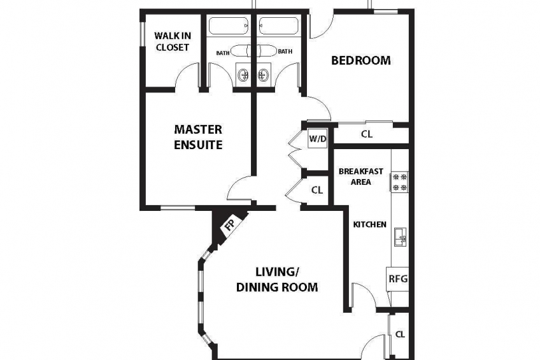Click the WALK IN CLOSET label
(x=172, y=41)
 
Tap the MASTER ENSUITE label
(x=198, y=137)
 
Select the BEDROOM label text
(x=361, y=61)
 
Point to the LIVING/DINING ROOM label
(x=277, y=279)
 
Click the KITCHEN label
(x=370, y=225)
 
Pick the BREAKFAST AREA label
(x=361, y=176)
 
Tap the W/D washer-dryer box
(x=318, y=139)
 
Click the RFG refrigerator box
(x=398, y=278)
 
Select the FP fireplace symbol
(x=229, y=225)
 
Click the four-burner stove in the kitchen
(x=399, y=182)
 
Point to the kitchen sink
(x=400, y=237)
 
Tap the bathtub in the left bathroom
(x=229, y=26)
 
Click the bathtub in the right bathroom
(x=278, y=26)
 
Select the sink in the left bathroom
(x=243, y=74)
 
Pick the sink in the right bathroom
(x=264, y=74)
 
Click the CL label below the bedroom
(x=367, y=134)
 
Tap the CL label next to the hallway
(x=317, y=190)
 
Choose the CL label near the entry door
(x=400, y=335)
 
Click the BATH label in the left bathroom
(x=223, y=53)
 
